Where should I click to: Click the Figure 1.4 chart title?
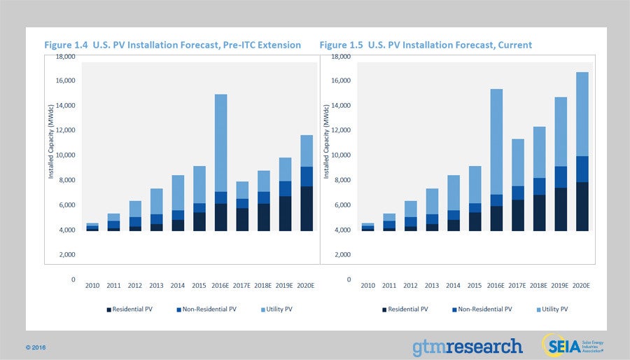173,45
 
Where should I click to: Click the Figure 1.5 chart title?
426,45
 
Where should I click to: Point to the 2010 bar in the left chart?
92,227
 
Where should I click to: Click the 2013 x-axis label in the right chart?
433,286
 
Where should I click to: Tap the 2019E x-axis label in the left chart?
286,286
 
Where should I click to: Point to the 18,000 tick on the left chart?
65,57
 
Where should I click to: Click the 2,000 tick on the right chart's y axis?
340,255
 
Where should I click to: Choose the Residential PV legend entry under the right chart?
407,309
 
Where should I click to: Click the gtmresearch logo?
467,346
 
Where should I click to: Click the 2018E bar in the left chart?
264,201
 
